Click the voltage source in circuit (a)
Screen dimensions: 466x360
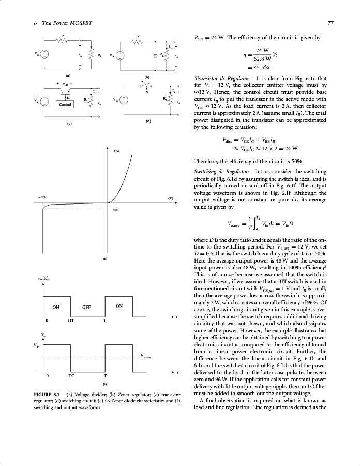click(x=44, y=53)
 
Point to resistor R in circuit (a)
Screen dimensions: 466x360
click(x=63, y=42)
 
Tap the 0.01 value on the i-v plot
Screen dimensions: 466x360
click(x=116, y=210)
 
